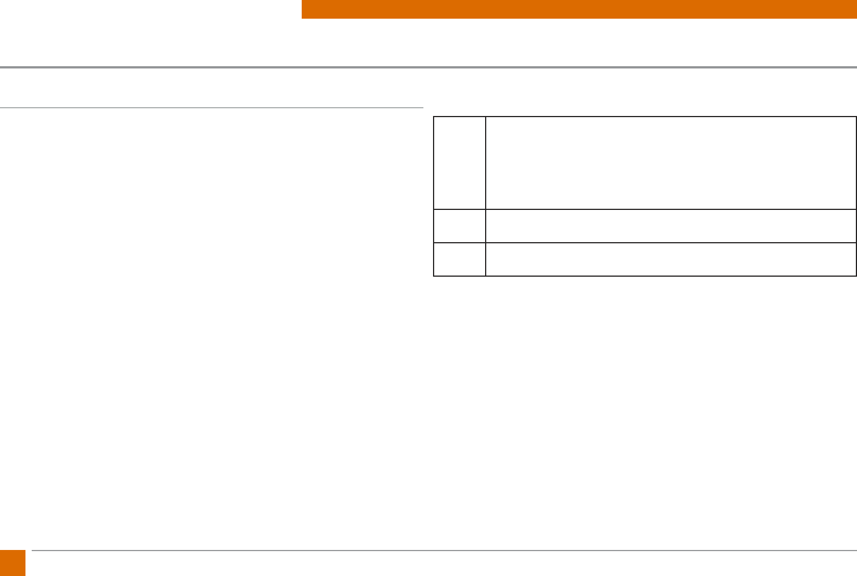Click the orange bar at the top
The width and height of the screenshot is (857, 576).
click(579, 9)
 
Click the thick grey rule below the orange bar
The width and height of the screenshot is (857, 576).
click(428, 67)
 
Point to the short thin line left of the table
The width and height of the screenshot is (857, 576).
click(212, 108)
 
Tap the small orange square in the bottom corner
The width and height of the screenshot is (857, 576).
click(12, 563)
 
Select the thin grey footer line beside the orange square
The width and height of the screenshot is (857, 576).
click(444, 550)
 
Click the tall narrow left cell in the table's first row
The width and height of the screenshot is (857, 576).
click(460, 163)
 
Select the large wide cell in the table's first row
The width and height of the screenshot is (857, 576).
click(671, 163)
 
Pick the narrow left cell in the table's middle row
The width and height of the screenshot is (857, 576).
click(460, 226)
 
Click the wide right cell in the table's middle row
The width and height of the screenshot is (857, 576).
click(671, 226)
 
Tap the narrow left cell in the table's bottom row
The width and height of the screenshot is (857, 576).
click(460, 259)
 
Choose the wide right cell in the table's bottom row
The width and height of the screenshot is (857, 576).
click(671, 259)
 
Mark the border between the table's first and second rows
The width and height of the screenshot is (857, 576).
click(645, 209)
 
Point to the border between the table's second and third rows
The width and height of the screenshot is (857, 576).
click(645, 243)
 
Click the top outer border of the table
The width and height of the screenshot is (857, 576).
click(645, 117)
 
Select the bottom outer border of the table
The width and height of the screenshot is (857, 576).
click(645, 276)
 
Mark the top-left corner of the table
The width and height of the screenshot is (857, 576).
click(434, 117)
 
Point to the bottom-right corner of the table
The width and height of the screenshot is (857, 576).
click(856, 276)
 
